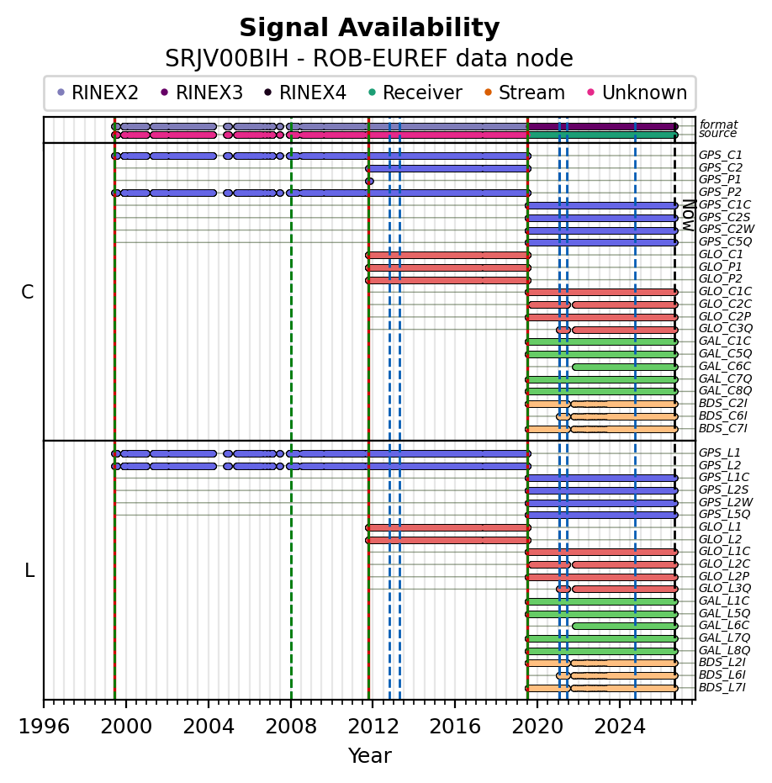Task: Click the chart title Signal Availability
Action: [369, 28]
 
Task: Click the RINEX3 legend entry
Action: [203, 93]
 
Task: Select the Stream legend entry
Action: [526, 93]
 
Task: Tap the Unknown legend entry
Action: [637, 93]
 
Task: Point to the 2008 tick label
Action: [291, 727]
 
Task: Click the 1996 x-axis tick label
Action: [44, 727]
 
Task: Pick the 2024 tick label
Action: [620, 727]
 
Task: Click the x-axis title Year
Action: [369, 756]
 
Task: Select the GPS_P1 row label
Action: [720, 180]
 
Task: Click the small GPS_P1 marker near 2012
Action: [369, 182]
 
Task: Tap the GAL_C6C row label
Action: [725, 366]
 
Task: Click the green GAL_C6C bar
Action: [625, 367]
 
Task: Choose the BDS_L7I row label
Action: [722, 688]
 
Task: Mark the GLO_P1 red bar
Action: [448, 267]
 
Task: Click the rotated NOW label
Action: [689, 215]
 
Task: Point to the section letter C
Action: [28, 292]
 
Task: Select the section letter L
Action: [29, 570]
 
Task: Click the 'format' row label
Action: [718, 124]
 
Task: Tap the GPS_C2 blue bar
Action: [448, 169]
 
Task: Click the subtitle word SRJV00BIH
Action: [227, 59]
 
